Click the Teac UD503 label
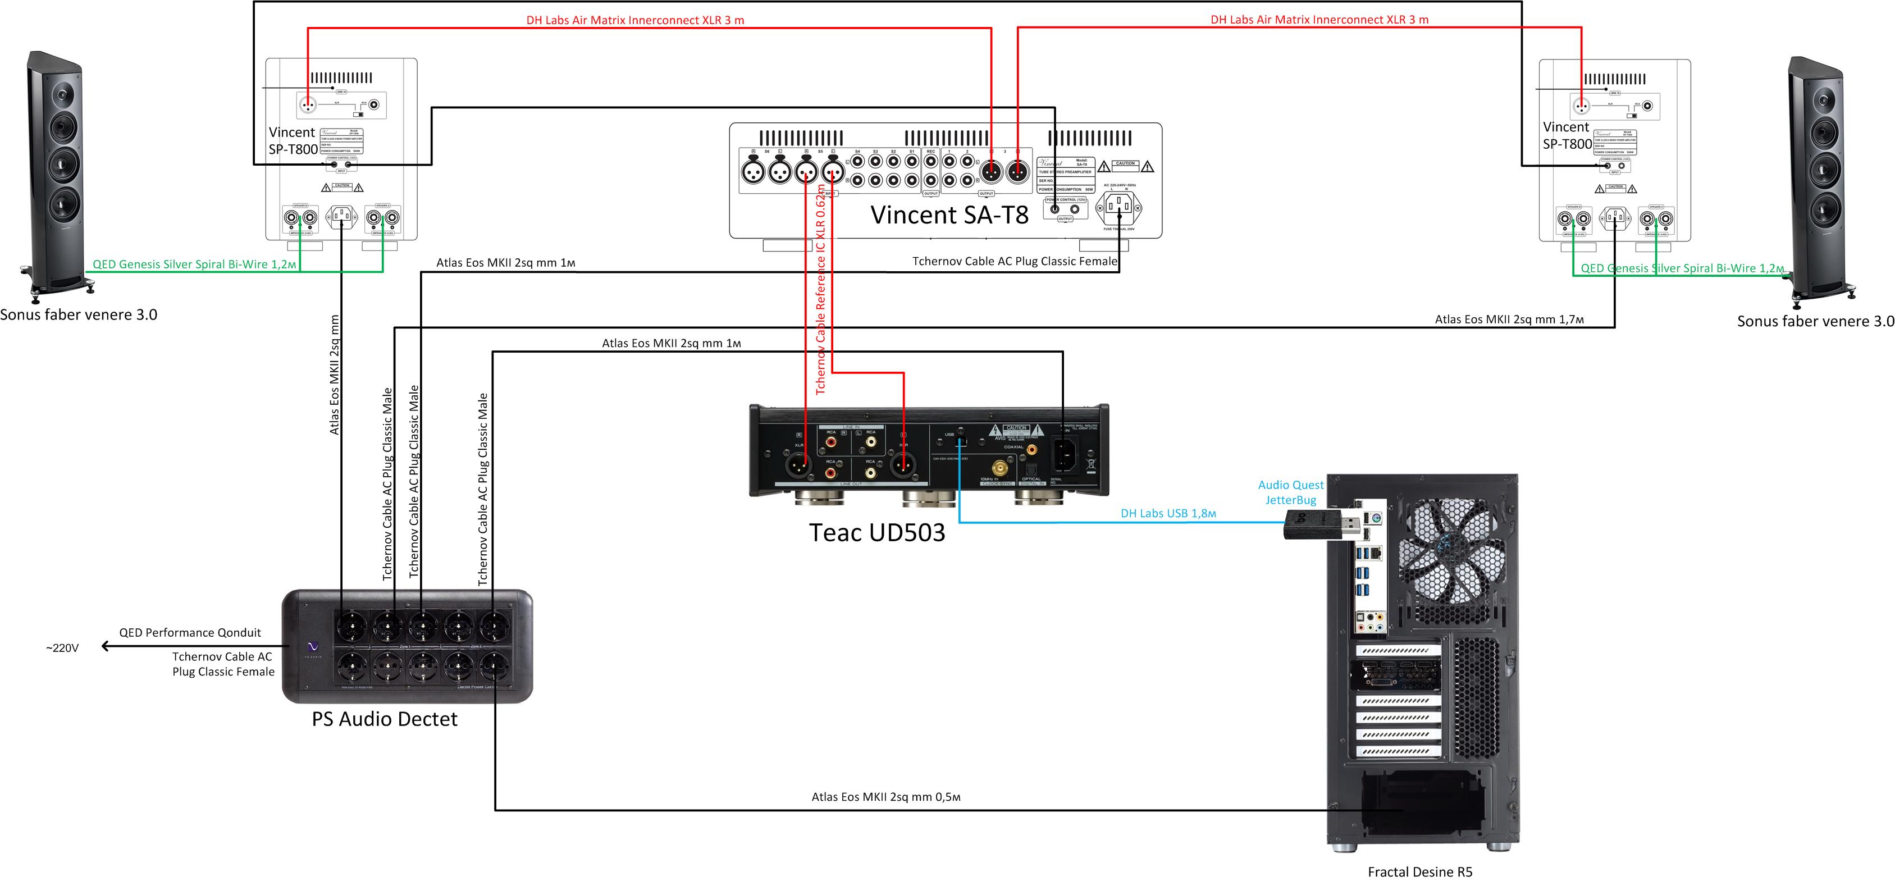877,532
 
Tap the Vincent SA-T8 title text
949,214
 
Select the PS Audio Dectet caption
384,719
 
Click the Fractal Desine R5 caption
1420,871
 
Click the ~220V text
62,648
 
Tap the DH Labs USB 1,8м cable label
1168,513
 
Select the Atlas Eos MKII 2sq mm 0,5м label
885,796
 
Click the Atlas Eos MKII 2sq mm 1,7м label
1509,319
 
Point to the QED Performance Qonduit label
190,632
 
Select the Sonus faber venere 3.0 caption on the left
79,315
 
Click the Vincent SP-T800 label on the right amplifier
1567,135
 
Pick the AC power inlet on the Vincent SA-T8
1119,207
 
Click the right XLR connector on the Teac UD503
903,465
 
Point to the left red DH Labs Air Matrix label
635,20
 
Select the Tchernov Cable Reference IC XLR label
821,290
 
